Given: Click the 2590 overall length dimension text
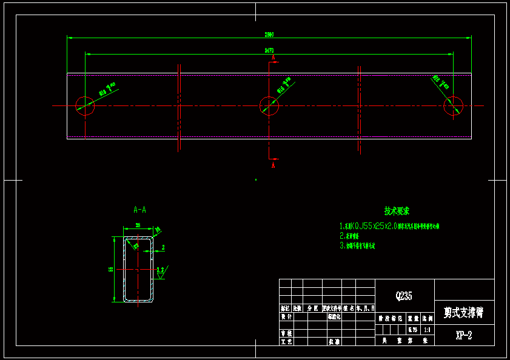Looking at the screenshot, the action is pos(269,35).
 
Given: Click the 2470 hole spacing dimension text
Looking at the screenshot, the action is pos(269,50).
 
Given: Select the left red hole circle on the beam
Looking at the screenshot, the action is pos(85,106).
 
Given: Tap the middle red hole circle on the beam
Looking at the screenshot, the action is pos(269,106).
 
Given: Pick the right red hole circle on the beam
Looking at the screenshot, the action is pos(453,106).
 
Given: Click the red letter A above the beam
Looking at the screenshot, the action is pos(274,58).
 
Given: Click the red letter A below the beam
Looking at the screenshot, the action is pos(273,164).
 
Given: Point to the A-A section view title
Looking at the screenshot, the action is pos(139,210).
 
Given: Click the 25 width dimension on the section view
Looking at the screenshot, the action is pos(138,225).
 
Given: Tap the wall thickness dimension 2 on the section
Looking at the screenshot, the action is pos(163,247).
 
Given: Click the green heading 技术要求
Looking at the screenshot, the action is pos(397,211).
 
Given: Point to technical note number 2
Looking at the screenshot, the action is pos(351,235).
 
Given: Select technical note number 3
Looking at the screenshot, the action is pos(357,246).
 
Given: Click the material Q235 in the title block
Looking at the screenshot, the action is pos(404,296).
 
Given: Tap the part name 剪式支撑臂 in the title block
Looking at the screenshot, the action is pos(463,313).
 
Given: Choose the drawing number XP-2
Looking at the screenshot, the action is pos(463,335).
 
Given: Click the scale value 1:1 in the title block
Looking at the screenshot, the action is pos(428,330).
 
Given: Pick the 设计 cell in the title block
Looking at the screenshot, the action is pos(286,316).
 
